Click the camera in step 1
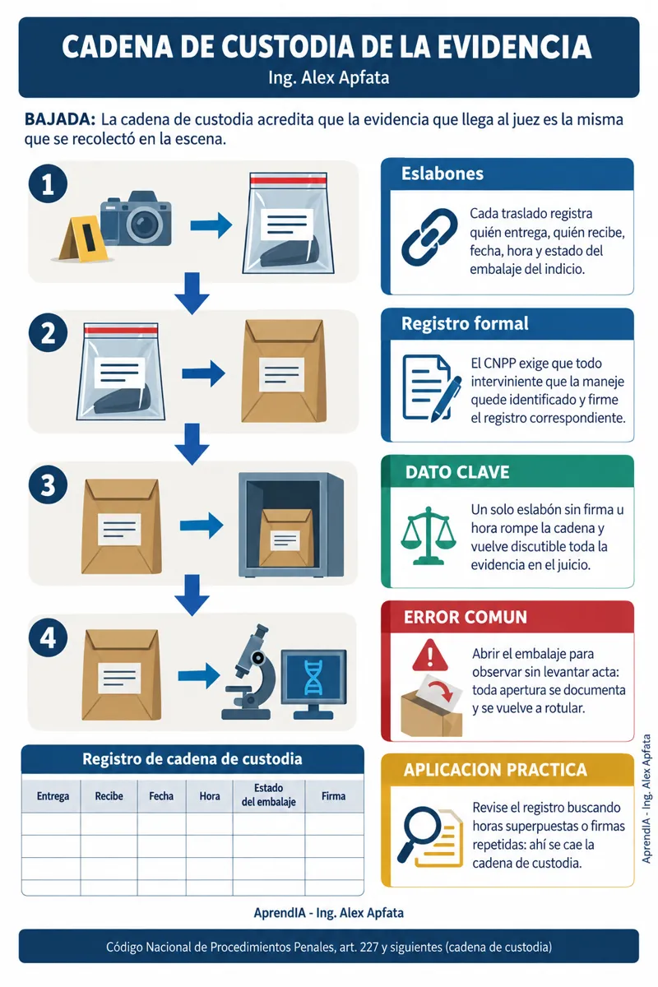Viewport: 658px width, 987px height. click(x=136, y=219)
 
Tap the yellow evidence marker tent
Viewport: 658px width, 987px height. click(x=84, y=239)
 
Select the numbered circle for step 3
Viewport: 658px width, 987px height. click(x=48, y=484)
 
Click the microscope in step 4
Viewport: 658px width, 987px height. click(x=250, y=671)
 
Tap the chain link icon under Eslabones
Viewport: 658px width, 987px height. click(x=429, y=237)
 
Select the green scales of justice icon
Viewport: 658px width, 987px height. click(x=428, y=535)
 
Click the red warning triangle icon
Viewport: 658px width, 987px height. click(x=430, y=655)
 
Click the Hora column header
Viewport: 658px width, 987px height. click(x=210, y=796)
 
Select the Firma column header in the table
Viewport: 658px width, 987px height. click(x=333, y=796)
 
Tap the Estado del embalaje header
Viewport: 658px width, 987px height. click(x=268, y=795)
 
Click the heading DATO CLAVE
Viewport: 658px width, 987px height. click(x=457, y=472)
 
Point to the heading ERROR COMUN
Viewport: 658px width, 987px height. click(x=466, y=618)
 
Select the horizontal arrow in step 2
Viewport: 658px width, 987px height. click(x=203, y=373)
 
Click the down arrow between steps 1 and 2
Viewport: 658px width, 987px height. click(x=192, y=294)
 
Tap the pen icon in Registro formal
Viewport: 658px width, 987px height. click(x=447, y=399)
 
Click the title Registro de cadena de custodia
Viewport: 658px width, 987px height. click(x=192, y=759)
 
